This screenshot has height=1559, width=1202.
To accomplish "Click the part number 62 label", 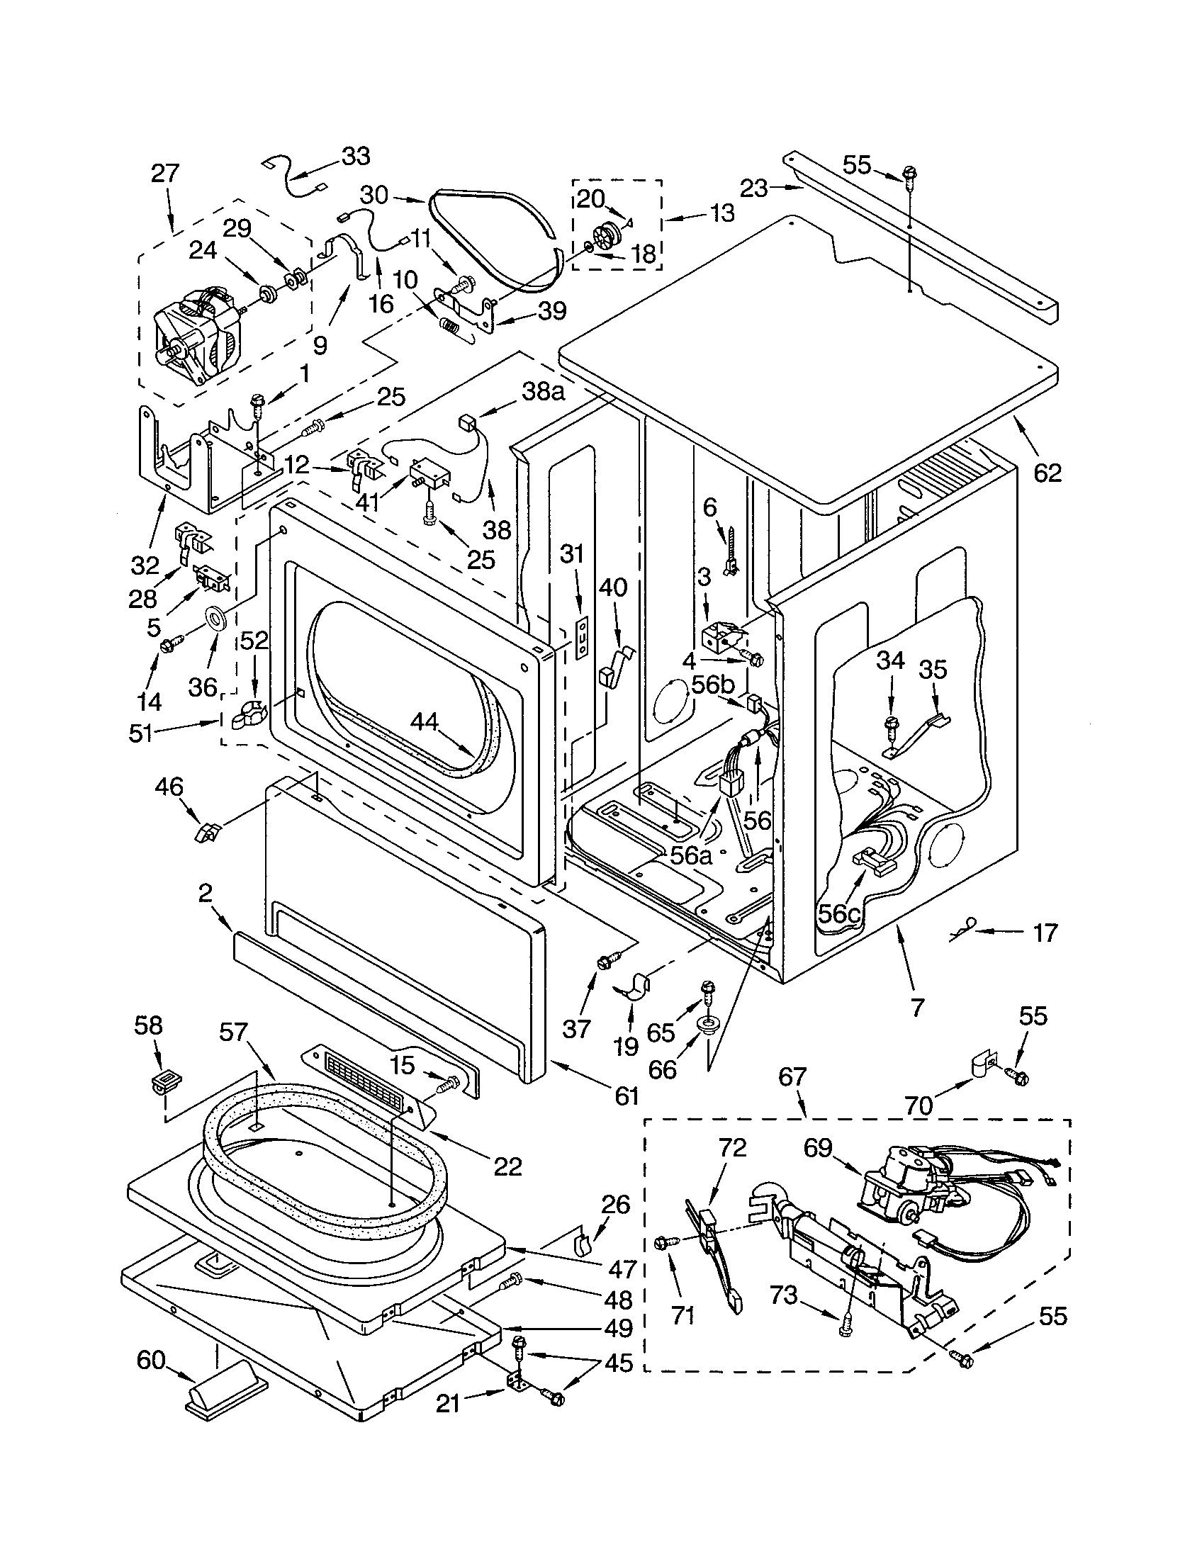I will pyautogui.click(x=1047, y=472).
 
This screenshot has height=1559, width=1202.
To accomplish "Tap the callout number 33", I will pyautogui.click(x=355, y=156).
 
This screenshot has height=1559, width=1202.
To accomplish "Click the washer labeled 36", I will pyautogui.click(x=215, y=616).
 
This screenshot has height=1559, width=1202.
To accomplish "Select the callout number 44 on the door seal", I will pyautogui.click(x=425, y=721).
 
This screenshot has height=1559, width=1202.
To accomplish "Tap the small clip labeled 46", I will pyautogui.click(x=206, y=831).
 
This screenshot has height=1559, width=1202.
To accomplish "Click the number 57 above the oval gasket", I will pyautogui.click(x=233, y=1032).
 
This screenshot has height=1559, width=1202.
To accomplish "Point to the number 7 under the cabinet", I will pyautogui.click(x=918, y=1007).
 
